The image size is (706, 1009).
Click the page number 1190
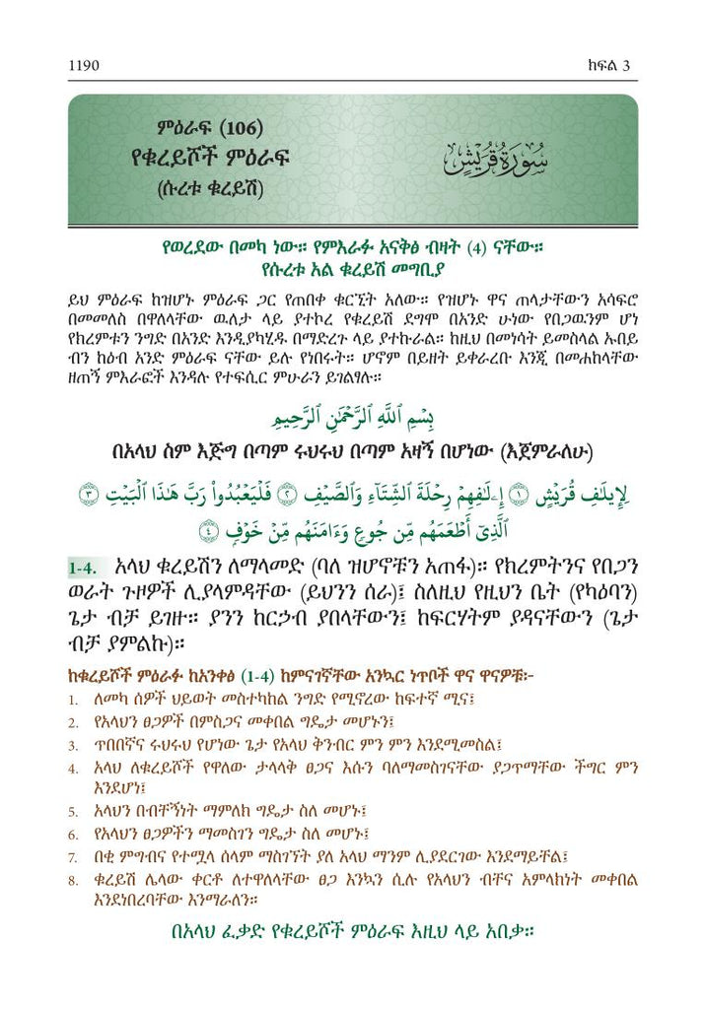point(84,66)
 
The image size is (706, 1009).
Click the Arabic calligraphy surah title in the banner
point(490,158)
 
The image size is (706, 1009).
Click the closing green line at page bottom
point(353,930)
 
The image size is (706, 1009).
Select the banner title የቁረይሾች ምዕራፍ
point(218,160)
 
